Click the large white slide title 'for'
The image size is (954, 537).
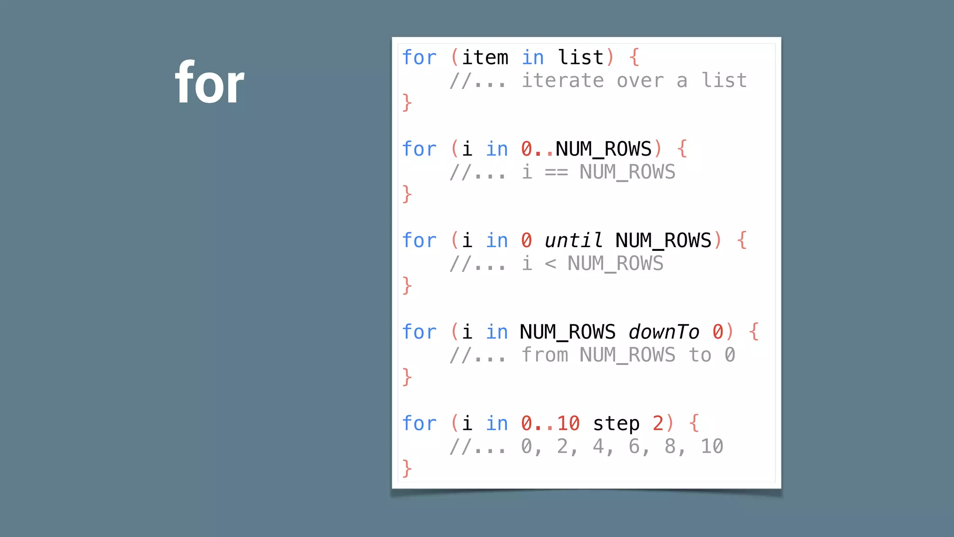pyautogui.click(x=210, y=83)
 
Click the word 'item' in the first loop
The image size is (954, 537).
pyautogui.click(x=485, y=58)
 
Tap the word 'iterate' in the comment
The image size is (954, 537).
pyautogui.click(x=562, y=81)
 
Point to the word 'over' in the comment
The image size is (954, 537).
pyautogui.click(x=640, y=81)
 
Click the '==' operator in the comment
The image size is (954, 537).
pyautogui.click(x=556, y=172)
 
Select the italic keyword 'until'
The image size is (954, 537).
pyautogui.click(x=573, y=241)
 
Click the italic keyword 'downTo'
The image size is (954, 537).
pyautogui.click(x=664, y=332)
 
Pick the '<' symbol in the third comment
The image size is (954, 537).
pyautogui.click(x=550, y=264)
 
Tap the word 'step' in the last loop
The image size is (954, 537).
pyautogui.click(x=616, y=424)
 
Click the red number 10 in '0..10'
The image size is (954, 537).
pyautogui.click(x=568, y=424)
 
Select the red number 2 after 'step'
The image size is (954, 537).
pyautogui.click(x=658, y=424)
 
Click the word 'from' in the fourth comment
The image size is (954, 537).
pyautogui.click(x=545, y=355)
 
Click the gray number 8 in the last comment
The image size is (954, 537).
pyautogui.click(x=670, y=447)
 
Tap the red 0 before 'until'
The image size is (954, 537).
pyautogui.click(x=526, y=241)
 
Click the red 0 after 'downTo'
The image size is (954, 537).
pyautogui.click(x=718, y=332)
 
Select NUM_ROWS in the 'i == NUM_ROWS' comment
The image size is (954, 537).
pyautogui.click(x=627, y=172)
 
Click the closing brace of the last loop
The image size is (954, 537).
pyautogui.click(x=407, y=468)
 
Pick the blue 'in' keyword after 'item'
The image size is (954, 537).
pyautogui.click(x=532, y=58)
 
